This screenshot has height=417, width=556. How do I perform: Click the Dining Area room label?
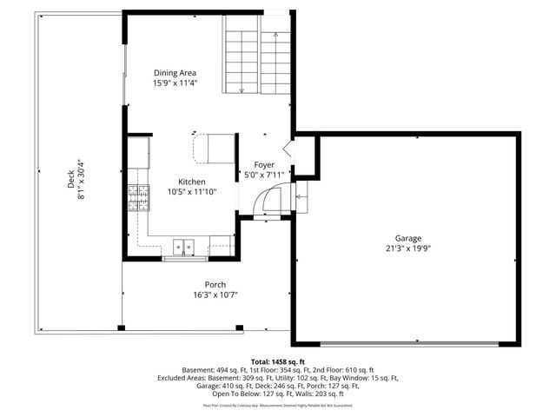[175, 73]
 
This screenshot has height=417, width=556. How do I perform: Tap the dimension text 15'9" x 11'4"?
[175, 84]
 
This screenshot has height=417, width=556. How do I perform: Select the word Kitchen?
[192, 182]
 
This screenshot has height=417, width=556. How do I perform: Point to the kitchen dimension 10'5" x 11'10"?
[192, 192]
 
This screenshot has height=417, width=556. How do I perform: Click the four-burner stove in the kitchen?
[138, 199]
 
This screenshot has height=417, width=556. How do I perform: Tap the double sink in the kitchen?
[182, 248]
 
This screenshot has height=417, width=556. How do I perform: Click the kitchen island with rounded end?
[214, 149]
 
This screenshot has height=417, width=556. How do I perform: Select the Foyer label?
[264, 164]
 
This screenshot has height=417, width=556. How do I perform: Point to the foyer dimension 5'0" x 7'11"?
[264, 175]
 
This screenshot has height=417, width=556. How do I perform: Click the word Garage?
[407, 238]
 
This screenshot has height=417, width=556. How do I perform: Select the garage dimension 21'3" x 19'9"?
[407, 248]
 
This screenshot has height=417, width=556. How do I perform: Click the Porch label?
[215, 285]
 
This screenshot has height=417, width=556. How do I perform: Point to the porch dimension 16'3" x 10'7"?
[215, 295]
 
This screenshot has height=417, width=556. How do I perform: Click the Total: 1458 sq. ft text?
[278, 361]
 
